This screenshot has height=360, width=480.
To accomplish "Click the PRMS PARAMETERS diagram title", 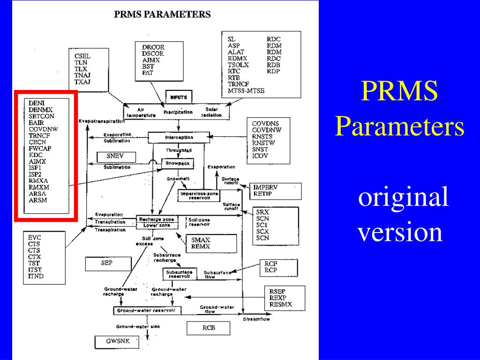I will [163, 15].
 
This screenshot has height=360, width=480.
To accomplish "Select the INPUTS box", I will [179, 97].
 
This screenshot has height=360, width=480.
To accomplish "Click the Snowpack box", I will [178, 164].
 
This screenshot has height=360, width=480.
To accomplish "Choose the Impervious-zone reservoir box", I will [199, 195].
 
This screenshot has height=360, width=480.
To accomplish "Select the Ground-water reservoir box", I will [146, 310].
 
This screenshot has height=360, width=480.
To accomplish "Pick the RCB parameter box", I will [209, 328].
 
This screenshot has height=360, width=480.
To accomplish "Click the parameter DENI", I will [36, 103].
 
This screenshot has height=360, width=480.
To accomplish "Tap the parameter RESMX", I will [281, 304].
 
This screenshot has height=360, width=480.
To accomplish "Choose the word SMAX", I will [201, 240].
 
